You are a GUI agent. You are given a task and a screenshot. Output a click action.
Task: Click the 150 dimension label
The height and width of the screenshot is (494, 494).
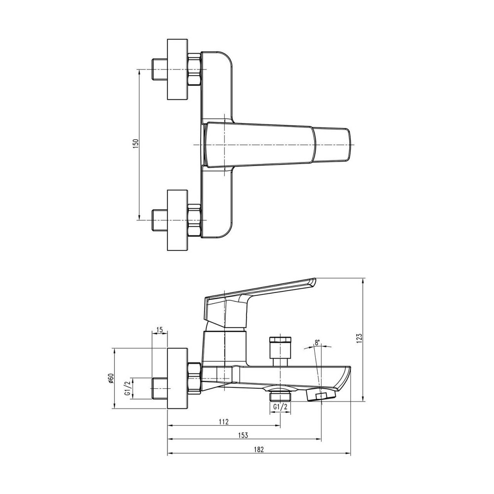[x=136, y=144]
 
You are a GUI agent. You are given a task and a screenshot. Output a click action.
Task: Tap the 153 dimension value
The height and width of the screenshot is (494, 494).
[x=243, y=435]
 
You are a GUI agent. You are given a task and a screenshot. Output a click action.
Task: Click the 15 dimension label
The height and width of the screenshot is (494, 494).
[x=159, y=329]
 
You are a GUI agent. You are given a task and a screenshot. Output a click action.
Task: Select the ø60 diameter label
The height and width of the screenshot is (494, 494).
[x=111, y=379]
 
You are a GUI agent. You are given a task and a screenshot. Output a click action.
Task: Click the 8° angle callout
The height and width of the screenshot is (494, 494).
[x=317, y=342]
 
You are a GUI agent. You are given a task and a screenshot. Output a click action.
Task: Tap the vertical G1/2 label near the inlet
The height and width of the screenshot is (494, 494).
[x=127, y=388]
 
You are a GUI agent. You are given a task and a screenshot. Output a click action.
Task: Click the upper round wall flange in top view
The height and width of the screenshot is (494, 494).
[x=177, y=69]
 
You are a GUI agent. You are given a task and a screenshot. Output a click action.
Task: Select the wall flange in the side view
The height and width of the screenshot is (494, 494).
[x=177, y=379]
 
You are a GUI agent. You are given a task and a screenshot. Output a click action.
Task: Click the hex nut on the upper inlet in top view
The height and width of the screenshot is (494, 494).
[x=194, y=69]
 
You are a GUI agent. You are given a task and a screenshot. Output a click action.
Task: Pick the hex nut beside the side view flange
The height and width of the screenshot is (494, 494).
[x=194, y=379]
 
